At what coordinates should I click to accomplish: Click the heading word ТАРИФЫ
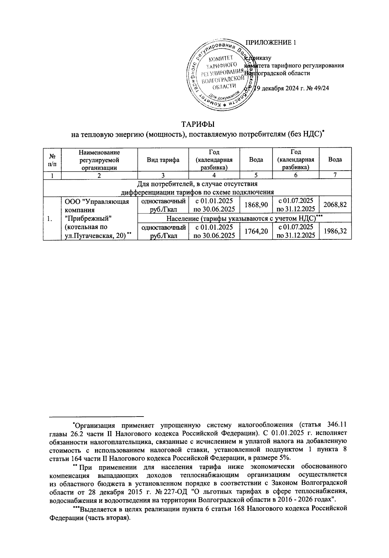point(198,125)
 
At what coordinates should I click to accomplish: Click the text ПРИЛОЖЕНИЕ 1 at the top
point(271,42)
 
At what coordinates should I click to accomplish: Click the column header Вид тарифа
point(163,160)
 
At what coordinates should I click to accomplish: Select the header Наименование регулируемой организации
point(99,160)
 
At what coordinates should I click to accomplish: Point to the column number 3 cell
point(163,175)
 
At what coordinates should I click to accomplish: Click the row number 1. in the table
point(49,218)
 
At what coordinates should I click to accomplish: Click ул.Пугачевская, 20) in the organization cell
point(95,236)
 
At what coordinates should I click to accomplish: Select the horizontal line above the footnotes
point(96,416)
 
